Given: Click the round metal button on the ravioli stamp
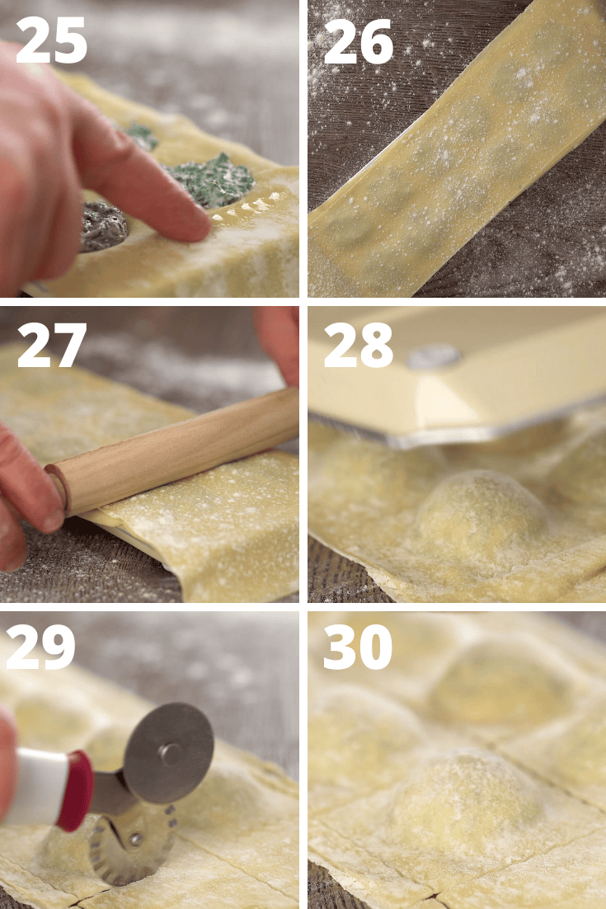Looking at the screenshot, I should (x=435, y=356).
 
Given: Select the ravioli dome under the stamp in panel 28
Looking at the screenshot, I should (x=482, y=516).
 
